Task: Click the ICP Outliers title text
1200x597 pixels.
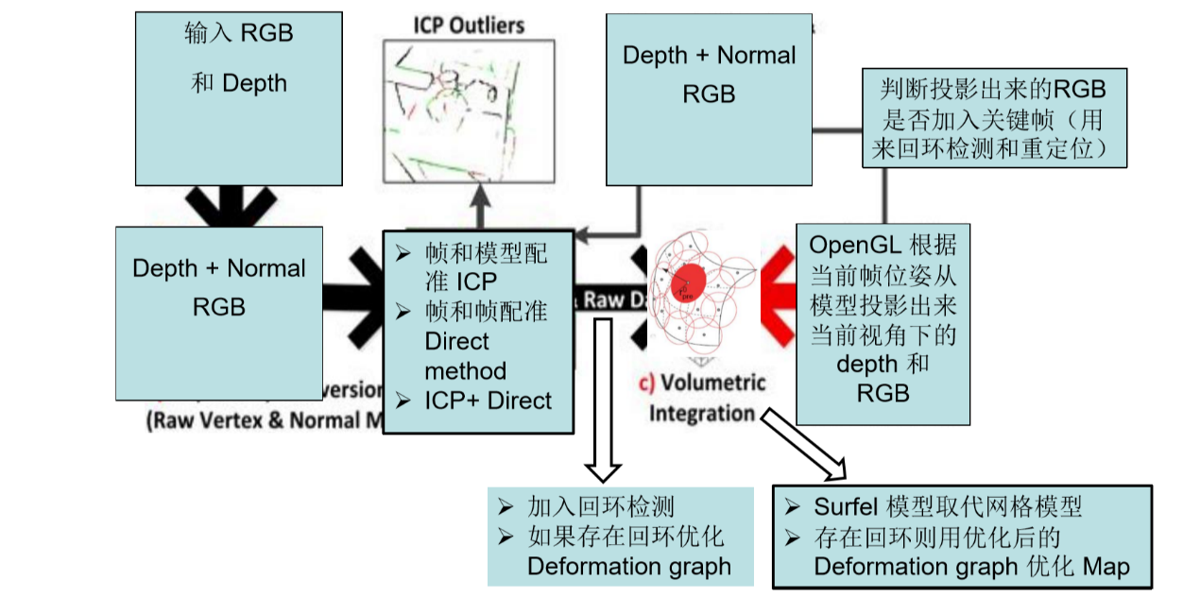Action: pos(468,25)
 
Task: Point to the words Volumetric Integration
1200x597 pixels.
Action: pos(702,398)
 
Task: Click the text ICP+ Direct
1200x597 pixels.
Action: pos(488,401)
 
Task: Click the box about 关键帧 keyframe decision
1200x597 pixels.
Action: pos(994,119)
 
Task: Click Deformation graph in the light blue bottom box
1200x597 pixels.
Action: pos(629,567)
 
